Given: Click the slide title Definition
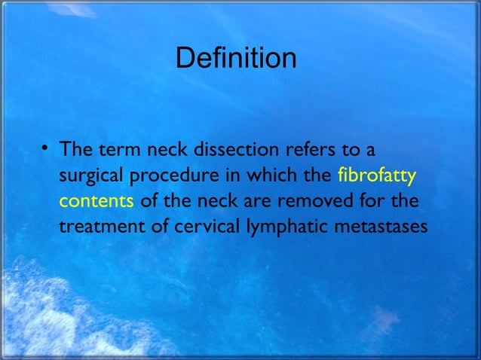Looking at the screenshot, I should [235, 58].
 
